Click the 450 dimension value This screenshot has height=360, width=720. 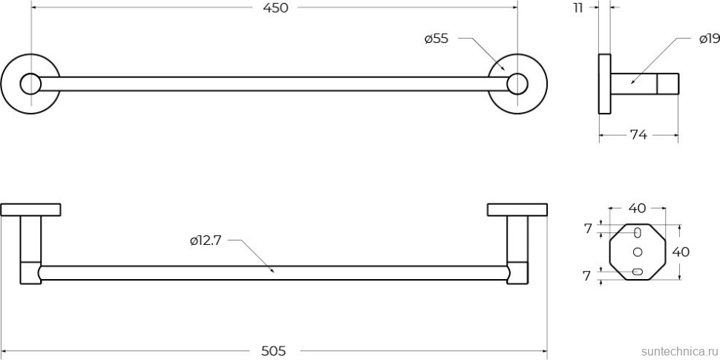pos(276,8)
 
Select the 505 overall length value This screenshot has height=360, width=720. pos(273,351)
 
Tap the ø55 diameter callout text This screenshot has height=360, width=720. pos(436,39)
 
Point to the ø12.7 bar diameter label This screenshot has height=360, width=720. pos(206,240)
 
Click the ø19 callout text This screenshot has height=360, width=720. pos(710,39)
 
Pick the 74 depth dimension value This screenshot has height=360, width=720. pos(638,135)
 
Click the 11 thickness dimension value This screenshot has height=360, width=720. pos(577,8)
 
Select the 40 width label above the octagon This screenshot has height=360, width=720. pos(637,209)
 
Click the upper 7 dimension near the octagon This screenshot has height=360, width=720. pos(588,229)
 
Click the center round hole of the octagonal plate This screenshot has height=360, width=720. pos(638,252)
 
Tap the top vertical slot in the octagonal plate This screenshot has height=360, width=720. pos(638,233)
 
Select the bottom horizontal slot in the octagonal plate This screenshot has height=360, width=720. pos(638,272)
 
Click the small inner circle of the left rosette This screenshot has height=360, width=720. pos(30,84)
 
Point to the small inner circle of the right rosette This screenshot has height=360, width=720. pos(517,84)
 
